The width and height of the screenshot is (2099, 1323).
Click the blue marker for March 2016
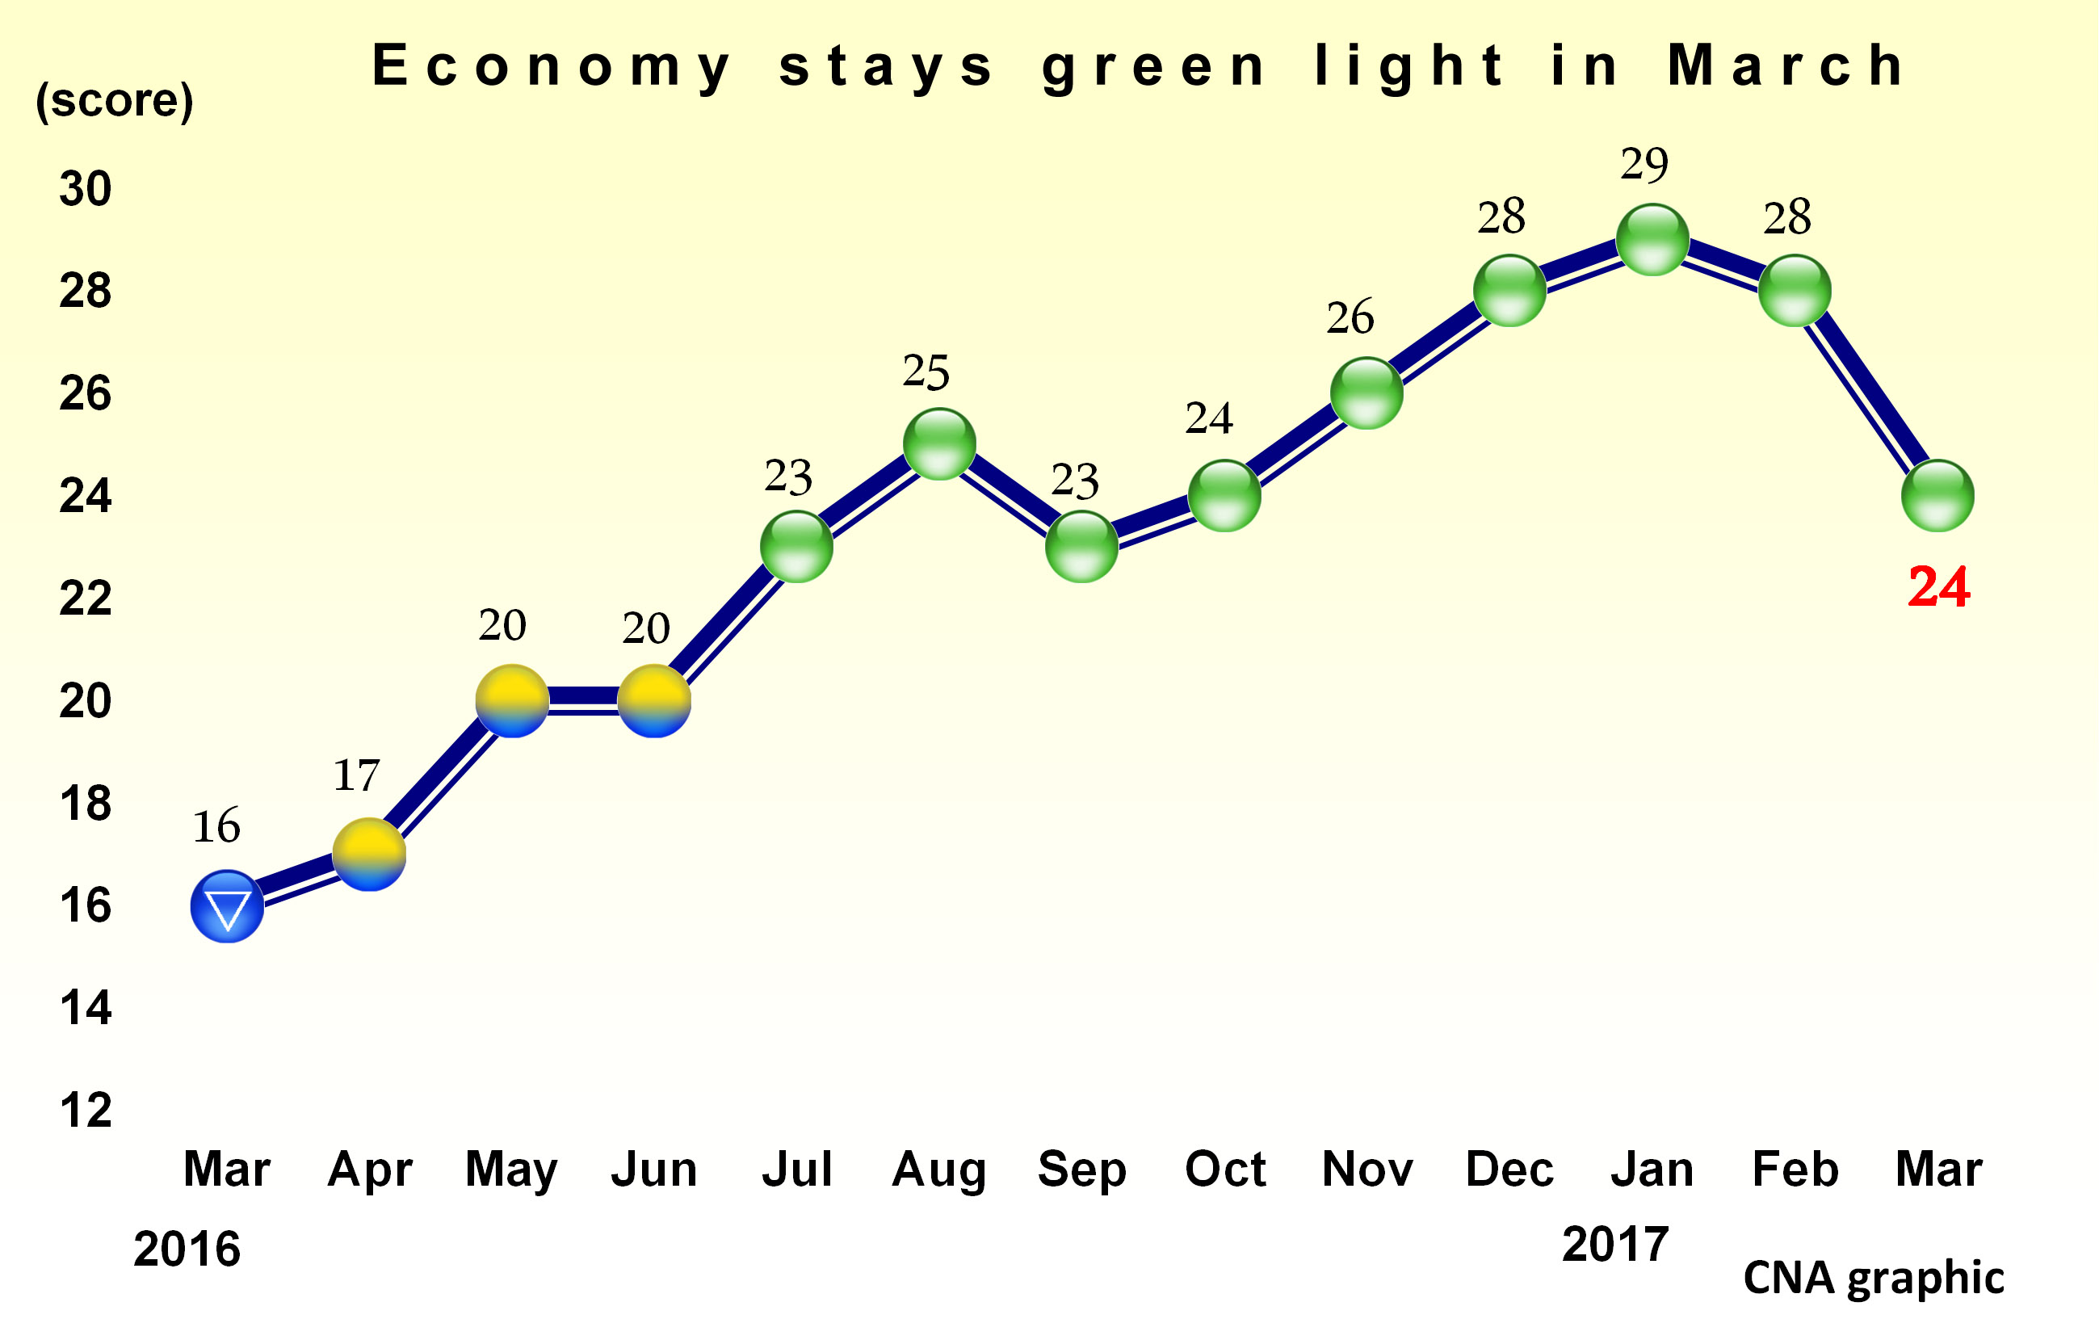click(x=227, y=906)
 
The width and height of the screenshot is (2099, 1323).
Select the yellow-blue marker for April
click(x=370, y=854)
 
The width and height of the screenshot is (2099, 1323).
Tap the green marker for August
click(x=938, y=444)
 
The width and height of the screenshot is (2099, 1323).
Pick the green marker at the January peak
click(x=1652, y=240)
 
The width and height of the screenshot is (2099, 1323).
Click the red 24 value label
click(x=1938, y=586)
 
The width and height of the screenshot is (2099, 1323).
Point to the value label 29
click(x=1644, y=165)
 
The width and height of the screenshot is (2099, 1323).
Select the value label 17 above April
click(x=355, y=775)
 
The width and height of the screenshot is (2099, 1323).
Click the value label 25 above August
click(x=925, y=372)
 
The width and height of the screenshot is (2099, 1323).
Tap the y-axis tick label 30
click(x=86, y=189)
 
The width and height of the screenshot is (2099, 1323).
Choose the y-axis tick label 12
click(x=86, y=1111)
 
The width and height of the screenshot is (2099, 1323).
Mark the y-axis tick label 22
click(x=86, y=598)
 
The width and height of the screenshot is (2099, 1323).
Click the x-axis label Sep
click(x=1081, y=1169)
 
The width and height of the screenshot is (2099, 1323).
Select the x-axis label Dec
click(x=1509, y=1169)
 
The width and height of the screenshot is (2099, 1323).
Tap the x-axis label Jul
click(x=796, y=1169)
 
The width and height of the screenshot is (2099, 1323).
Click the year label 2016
click(x=187, y=1248)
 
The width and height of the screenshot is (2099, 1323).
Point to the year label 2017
click(x=1614, y=1244)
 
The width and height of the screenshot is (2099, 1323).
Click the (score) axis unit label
click(x=114, y=100)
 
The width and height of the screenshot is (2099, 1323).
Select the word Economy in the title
click(x=551, y=65)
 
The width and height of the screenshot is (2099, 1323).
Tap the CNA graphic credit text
click(x=1873, y=1278)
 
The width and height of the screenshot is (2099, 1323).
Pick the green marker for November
click(x=1366, y=393)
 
